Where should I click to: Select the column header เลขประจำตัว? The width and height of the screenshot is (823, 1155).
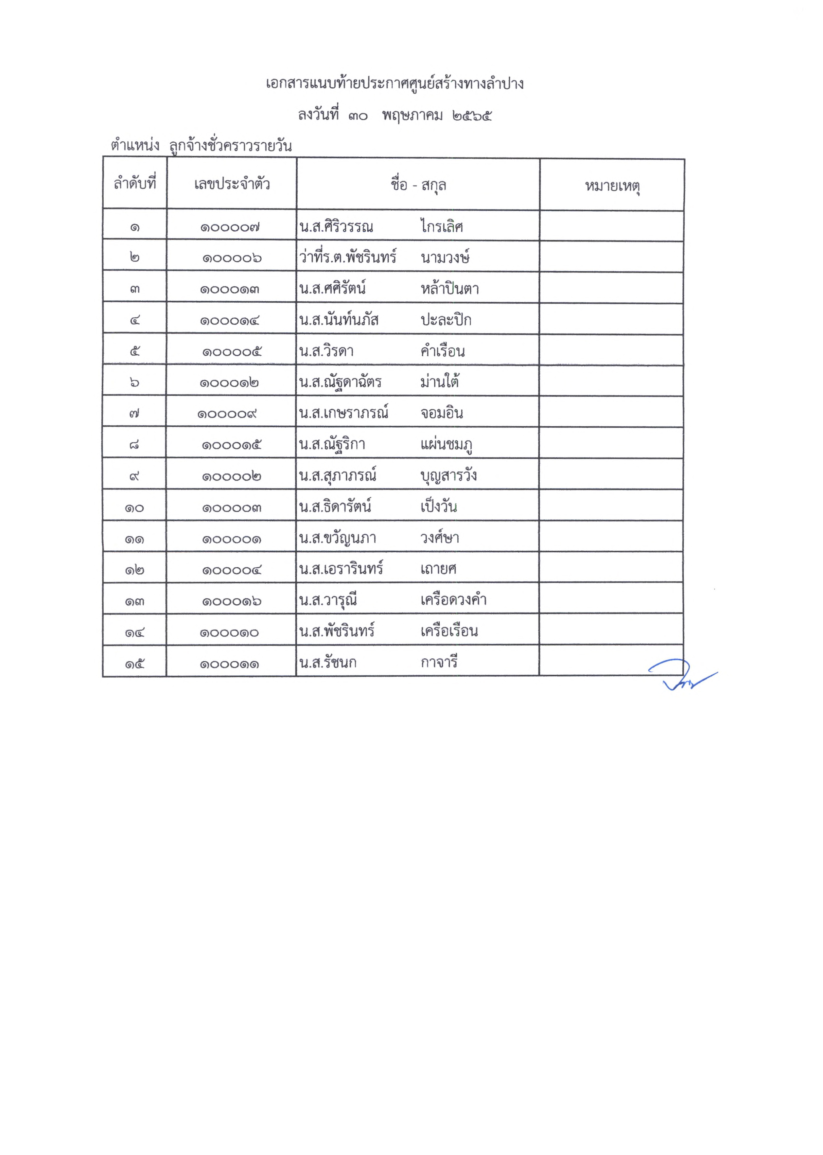(x=232, y=184)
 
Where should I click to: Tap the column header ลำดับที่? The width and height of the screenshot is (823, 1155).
(x=135, y=183)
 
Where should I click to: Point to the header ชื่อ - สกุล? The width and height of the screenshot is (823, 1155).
(x=418, y=185)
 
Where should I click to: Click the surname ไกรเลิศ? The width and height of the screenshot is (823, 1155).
(x=441, y=226)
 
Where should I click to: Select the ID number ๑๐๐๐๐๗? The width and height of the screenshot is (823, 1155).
(x=230, y=227)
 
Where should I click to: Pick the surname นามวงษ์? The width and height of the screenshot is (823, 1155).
(x=445, y=258)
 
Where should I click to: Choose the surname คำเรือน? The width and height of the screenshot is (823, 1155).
(x=443, y=351)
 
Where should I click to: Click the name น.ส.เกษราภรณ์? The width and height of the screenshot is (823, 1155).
(x=343, y=413)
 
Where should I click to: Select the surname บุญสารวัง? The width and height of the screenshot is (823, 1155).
(x=448, y=476)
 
